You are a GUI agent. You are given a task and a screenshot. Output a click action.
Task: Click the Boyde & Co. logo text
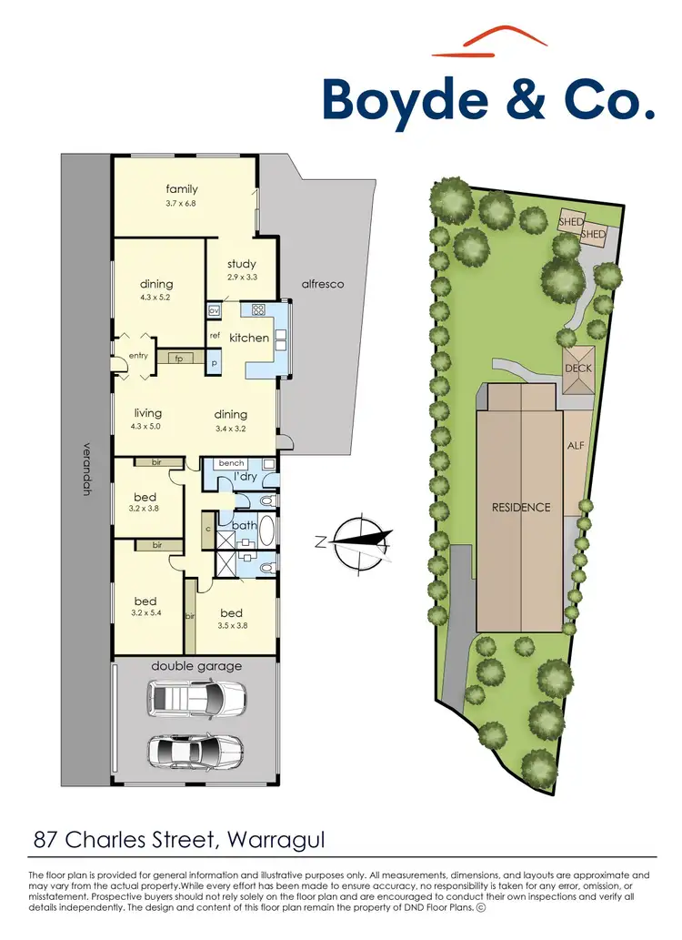pyautogui.click(x=488, y=100)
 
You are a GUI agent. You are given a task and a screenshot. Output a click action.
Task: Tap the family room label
pyautogui.click(x=182, y=189)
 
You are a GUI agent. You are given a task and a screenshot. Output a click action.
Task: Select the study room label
pyautogui.click(x=242, y=264)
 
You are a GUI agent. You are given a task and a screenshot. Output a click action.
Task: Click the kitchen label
pyautogui.click(x=249, y=338)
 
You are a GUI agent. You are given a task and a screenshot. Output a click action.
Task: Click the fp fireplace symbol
pyautogui.click(x=179, y=358)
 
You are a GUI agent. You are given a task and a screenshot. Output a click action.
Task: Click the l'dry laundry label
pyautogui.click(x=245, y=477)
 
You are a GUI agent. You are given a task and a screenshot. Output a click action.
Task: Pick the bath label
pyautogui.click(x=244, y=525)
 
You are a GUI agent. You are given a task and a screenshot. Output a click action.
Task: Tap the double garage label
pyautogui.click(x=196, y=666)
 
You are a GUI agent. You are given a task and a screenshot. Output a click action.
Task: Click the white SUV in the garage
pyautogui.click(x=196, y=699)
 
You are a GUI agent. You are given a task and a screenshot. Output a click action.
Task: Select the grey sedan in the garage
pyautogui.click(x=196, y=751)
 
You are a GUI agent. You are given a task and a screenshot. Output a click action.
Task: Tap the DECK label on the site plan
pyautogui.click(x=578, y=369)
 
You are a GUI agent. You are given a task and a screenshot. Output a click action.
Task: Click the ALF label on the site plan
pyautogui.click(x=576, y=446)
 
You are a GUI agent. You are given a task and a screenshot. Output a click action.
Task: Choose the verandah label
pyautogui.click(x=86, y=470)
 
